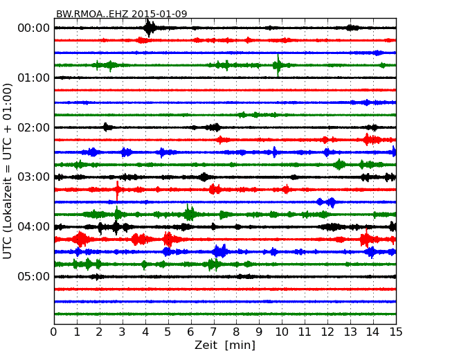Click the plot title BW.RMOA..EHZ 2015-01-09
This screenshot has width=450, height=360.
click(121, 14)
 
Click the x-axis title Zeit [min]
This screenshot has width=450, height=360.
click(225, 345)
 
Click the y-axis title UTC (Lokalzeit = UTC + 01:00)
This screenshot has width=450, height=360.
click(8, 171)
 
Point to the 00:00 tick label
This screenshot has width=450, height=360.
click(33, 28)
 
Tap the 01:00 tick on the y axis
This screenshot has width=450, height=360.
click(33, 78)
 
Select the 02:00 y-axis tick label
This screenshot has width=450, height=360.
click(33, 127)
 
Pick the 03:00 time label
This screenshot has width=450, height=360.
click(33, 177)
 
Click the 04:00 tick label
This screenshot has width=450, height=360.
click(33, 227)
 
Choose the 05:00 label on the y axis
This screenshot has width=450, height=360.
click(33, 277)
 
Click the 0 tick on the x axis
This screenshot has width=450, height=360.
click(54, 332)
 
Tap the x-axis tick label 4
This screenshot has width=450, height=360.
click(145, 332)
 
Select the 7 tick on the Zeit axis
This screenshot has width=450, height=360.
click(214, 332)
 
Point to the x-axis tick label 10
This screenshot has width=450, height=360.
click(282, 332)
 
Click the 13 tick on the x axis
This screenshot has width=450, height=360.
click(350, 332)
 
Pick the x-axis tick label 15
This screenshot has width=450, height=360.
click(396, 332)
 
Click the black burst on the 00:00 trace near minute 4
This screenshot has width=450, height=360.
click(149, 28)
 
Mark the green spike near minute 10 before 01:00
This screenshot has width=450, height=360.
click(278, 65)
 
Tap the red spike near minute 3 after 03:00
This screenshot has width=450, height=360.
click(118, 189)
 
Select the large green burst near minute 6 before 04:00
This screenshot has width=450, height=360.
click(189, 213)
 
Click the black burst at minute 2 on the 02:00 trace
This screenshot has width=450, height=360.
click(106, 127)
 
